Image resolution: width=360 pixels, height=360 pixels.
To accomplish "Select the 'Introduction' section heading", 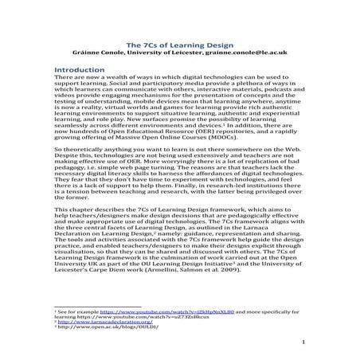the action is [x=79, y=70].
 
